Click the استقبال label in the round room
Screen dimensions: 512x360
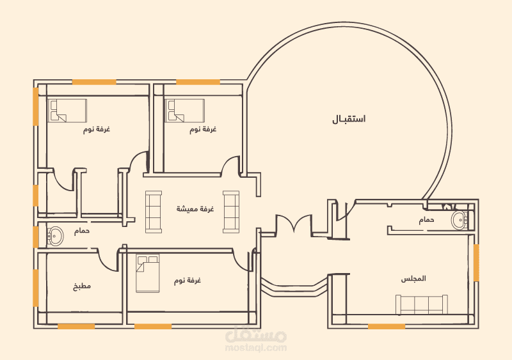(x=349, y=119)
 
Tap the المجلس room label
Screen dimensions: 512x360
(x=413, y=279)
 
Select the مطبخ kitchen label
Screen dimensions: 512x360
(x=82, y=286)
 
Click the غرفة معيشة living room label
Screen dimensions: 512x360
(x=195, y=208)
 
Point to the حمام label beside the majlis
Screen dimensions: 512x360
(x=426, y=220)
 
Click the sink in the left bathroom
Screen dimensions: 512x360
(x=56, y=235)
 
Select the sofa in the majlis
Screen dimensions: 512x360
(x=422, y=304)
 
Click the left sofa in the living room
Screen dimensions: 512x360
(x=154, y=212)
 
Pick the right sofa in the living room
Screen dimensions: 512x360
(x=231, y=212)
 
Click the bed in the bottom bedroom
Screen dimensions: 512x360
(x=148, y=274)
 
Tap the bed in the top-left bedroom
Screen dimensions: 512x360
(x=67, y=111)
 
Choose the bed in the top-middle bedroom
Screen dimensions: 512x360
(x=185, y=111)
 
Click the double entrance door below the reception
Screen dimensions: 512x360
(x=294, y=223)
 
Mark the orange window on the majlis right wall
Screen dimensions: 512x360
(x=476, y=262)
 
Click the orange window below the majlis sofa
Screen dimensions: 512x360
(x=387, y=326)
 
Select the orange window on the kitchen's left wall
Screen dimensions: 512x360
(x=36, y=288)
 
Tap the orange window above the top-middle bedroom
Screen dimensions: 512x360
(x=198, y=82)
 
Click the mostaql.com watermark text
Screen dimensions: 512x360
(x=256, y=348)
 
